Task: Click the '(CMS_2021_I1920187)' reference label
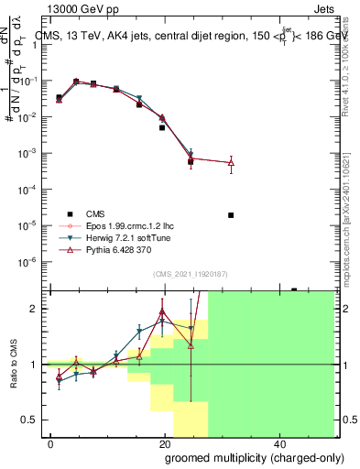(190, 274)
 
